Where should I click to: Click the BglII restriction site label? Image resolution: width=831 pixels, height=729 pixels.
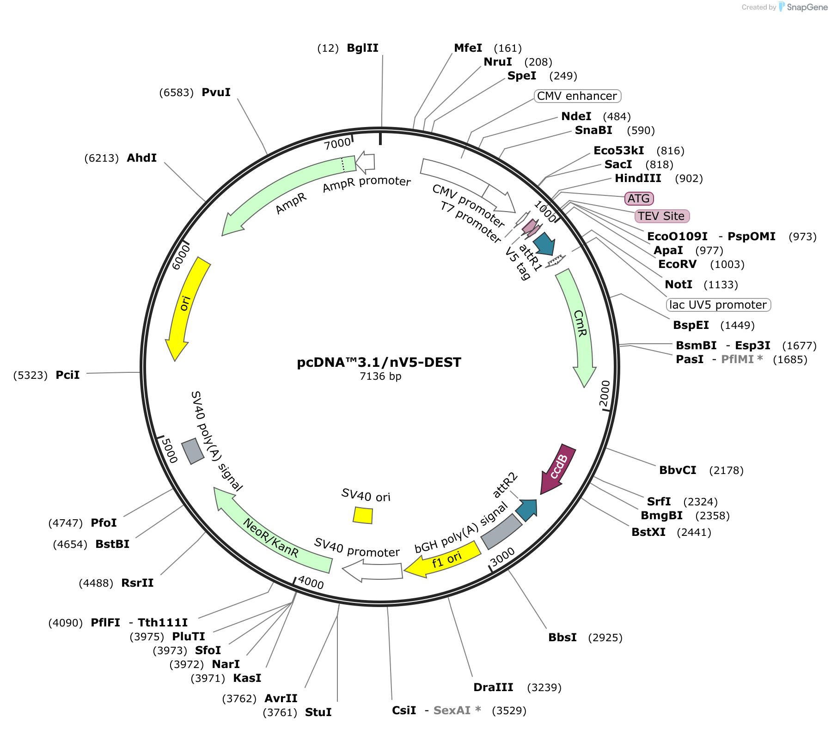(362, 48)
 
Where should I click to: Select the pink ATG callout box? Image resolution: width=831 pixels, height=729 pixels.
(639, 199)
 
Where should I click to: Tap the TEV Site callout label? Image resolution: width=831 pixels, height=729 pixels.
(661, 216)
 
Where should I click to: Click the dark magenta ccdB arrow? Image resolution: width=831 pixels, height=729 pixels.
(559, 468)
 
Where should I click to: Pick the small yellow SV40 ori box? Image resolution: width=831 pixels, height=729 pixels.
(363, 515)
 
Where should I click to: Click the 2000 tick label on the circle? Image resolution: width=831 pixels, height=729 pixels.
(605, 394)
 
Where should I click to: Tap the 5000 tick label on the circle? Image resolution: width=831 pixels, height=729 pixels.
(169, 450)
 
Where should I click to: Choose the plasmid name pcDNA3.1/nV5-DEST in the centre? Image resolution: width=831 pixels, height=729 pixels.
(379, 362)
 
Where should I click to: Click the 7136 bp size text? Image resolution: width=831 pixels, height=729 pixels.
(380, 377)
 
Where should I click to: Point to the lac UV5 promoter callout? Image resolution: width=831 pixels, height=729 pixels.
(718, 305)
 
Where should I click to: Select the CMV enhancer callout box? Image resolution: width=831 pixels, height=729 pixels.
(577, 96)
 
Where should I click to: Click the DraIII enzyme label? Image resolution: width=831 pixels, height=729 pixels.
(493, 687)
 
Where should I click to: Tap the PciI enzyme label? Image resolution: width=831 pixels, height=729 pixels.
(67, 375)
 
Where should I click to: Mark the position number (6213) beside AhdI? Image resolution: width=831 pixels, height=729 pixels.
(102, 158)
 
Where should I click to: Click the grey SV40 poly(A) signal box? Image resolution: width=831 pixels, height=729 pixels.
(193, 451)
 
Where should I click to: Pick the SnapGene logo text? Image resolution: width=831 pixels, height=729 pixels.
(807, 7)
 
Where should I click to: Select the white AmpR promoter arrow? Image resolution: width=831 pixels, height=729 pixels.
(366, 162)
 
